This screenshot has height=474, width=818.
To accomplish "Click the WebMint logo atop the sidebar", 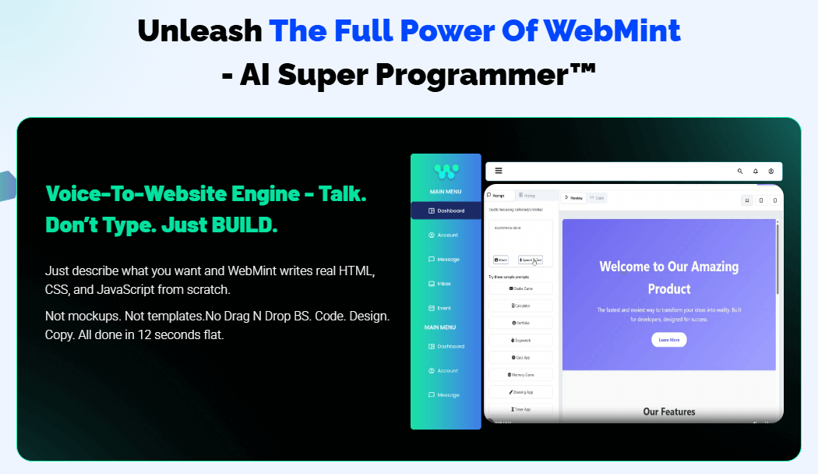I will (446, 170).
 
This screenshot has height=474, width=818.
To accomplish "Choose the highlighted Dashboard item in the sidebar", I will (446, 210).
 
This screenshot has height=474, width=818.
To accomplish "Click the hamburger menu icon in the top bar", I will (499, 171).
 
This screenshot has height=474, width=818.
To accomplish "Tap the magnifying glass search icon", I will (740, 171).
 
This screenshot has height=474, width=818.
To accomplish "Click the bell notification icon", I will (755, 171).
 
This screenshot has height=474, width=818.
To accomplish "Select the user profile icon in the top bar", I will (770, 171).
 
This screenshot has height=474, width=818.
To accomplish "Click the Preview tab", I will (573, 198).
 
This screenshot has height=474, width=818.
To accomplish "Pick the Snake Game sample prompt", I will (521, 288).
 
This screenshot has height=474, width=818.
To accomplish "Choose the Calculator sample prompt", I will (521, 306).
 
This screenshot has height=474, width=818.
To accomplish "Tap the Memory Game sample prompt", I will (521, 375).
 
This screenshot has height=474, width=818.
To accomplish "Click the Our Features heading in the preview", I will (668, 412).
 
